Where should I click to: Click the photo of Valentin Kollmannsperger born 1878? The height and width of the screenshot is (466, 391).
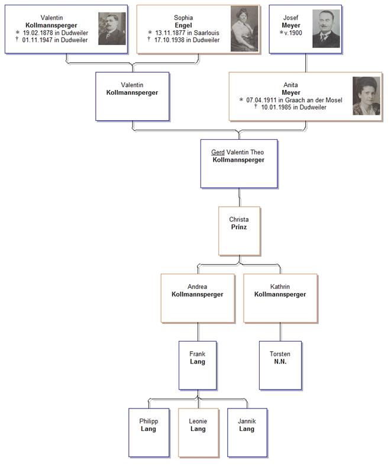point(112,28)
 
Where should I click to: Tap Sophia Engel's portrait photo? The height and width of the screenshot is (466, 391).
point(244,29)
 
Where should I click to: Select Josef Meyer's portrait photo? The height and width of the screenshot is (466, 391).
point(326,28)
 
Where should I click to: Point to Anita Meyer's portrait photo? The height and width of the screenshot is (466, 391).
point(366,95)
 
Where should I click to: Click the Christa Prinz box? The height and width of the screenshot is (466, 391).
point(239,230)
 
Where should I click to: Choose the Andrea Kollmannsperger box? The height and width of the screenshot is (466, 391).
point(198,298)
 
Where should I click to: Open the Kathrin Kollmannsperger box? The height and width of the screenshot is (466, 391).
point(280,298)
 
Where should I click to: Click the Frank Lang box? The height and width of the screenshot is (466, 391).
point(198,365)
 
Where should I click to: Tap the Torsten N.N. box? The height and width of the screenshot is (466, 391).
point(280,365)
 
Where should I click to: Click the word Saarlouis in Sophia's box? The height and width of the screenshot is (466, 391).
point(206,33)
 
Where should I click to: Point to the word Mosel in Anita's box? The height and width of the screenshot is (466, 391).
point(334,100)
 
